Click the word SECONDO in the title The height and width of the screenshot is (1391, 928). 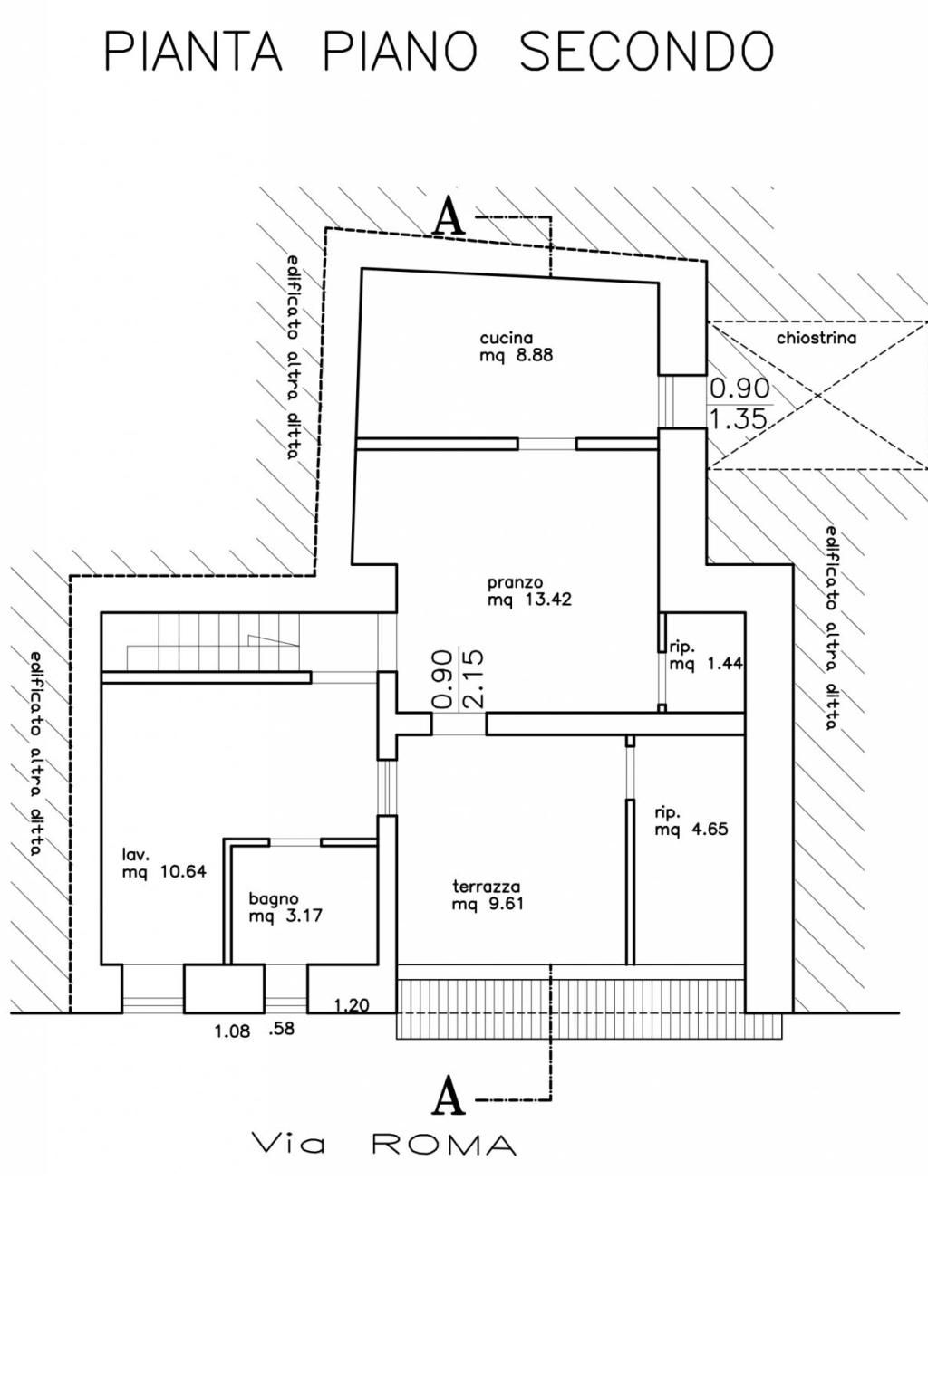(x=646, y=51)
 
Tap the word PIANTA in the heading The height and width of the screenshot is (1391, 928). (x=193, y=51)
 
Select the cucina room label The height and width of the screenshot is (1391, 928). (x=507, y=339)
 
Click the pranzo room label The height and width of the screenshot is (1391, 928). (x=516, y=583)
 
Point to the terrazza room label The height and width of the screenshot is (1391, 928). (x=486, y=887)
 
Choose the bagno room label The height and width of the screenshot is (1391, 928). (x=274, y=898)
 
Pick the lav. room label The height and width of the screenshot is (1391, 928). (x=135, y=855)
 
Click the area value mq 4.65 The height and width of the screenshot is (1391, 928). (x=691, y=829)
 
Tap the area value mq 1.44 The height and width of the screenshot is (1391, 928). (x=706, y=663)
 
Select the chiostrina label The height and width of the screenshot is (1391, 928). (x=817, y=339)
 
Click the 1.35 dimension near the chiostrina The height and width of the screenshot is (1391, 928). (x=739, y=420)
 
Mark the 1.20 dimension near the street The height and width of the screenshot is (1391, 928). (x=352, y=1004)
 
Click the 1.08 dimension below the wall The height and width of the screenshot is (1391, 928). (x=233, y=1032)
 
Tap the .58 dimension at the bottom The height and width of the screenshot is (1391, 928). (x=282, y=1029)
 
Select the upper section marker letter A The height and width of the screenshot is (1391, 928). (x=449, y=216)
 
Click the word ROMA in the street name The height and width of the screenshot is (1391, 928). (x=444, y=1145)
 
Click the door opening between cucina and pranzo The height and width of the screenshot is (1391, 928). (x=547, y=444)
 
